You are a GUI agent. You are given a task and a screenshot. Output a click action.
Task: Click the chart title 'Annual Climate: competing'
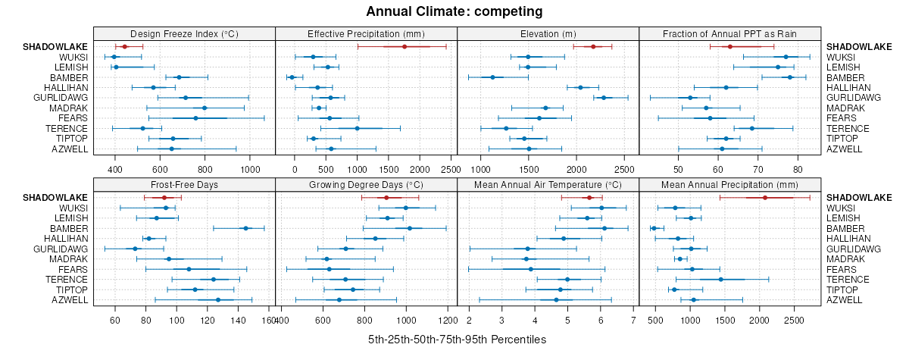[454, 11]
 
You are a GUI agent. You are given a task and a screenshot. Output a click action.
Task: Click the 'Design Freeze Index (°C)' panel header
[184, 33]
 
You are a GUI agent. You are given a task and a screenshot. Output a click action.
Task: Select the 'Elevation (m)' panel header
[548, 33]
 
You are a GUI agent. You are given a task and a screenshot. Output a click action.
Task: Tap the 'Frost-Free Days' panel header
[184, 184]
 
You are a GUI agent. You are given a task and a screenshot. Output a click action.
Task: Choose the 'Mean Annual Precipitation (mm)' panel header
[730, 184]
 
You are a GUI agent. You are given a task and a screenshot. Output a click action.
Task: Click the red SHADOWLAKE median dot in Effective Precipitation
[405, 47]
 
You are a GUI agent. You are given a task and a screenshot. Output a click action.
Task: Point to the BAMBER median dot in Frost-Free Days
[245, 228]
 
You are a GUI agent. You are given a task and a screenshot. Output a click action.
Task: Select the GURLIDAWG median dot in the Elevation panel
[604, 98]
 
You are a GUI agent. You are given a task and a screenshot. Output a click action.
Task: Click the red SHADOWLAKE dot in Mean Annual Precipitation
[765, 198]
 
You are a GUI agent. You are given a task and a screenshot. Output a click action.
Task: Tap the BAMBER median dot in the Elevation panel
[492, 77]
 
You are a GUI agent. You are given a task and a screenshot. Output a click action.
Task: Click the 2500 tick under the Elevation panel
[624, 168]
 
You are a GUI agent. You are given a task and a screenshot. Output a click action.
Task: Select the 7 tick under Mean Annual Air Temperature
[633, 320]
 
